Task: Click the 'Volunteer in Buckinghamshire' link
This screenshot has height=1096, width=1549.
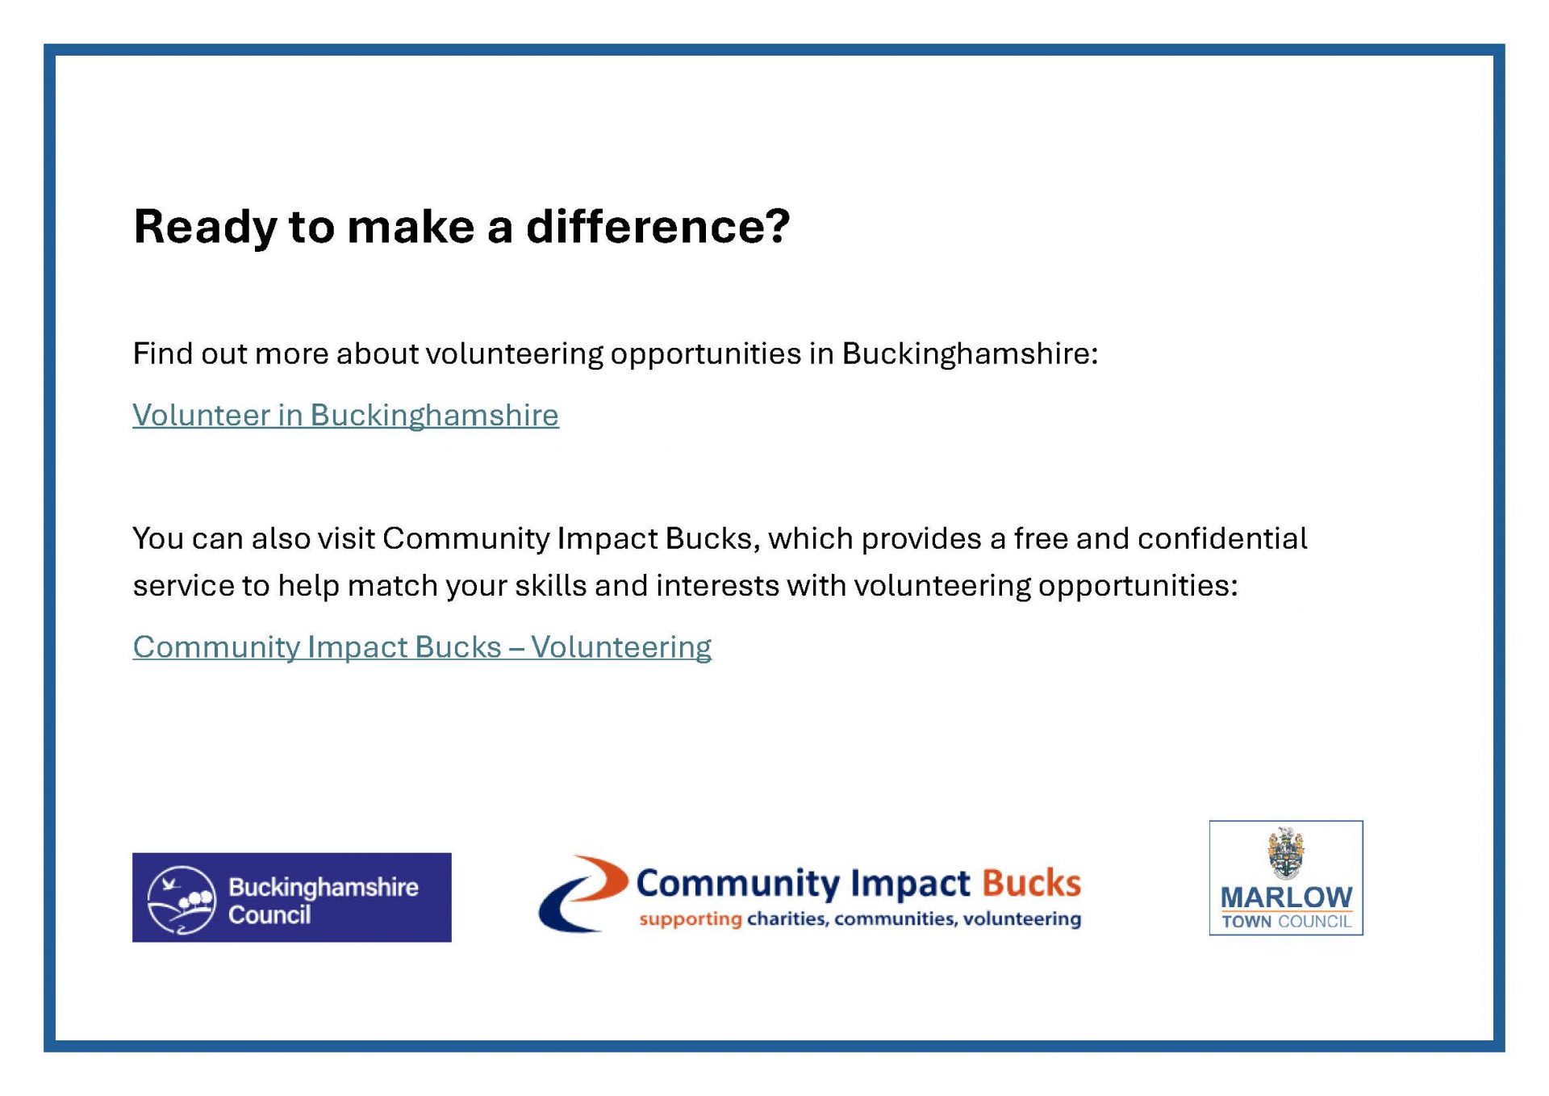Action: coord(345,416)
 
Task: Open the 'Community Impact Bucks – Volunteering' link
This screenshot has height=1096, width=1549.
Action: coord(422,647)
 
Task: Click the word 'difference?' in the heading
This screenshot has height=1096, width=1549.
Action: coord(658,226)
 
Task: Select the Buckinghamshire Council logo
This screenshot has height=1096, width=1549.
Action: coord(292,897)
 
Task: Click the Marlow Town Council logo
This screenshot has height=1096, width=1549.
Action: coord(1286,878)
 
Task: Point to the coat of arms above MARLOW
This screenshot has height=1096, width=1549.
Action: coord(1286,853)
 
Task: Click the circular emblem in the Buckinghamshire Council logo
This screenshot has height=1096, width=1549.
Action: coord(182,900)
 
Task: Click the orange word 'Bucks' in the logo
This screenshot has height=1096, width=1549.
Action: coord(1031,884)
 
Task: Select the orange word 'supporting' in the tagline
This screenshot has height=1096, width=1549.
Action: coord(691,919)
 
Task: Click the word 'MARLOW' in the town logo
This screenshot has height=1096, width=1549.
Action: coord(1286,897)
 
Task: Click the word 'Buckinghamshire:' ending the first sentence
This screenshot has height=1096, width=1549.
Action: coord(970,354)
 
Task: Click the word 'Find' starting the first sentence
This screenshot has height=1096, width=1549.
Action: coord(163,353)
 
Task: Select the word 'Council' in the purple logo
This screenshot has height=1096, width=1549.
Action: coord(269,915)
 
